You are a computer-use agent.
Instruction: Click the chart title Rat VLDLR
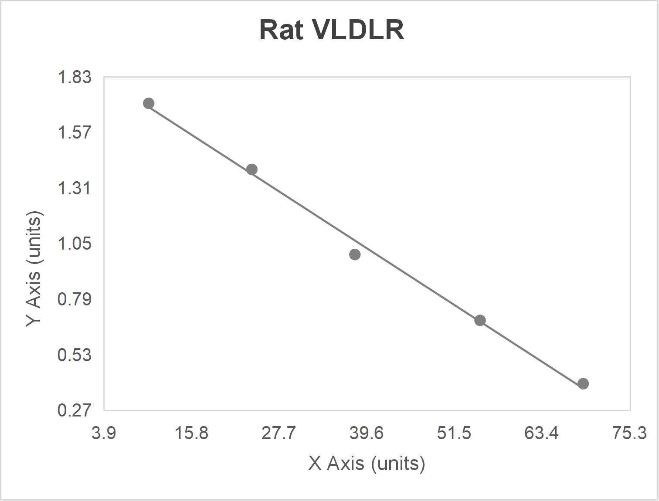332,30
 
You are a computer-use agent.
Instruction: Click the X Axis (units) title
366,463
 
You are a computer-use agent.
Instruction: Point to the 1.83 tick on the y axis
75,77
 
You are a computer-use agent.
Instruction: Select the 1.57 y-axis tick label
75,132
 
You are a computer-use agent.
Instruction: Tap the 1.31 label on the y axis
75,188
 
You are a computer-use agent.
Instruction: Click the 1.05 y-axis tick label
75,244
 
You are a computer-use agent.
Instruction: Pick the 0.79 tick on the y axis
75,299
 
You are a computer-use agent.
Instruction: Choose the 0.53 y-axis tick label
75,355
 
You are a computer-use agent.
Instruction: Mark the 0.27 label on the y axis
75,410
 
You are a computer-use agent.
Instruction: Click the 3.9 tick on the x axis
104,433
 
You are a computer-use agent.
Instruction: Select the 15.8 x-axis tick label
191,433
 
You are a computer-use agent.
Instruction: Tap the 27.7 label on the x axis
279,433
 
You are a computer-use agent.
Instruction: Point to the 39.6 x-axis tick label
367,433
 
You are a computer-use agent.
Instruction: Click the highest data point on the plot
149,103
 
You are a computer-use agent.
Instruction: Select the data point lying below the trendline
355,254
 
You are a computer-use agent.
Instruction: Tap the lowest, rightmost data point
583,384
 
